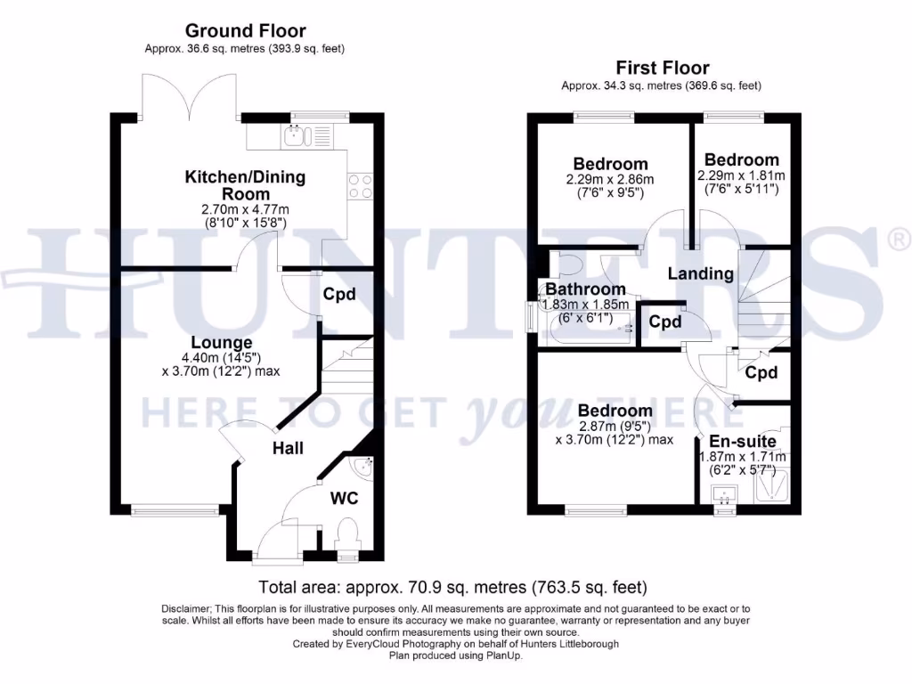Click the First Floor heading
point(662,68)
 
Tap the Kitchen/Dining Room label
point(244,185)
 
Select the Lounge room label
point(222,342)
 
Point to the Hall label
point(288,448)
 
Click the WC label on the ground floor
point(345,498)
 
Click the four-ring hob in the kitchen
point(360,186)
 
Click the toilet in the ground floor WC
point(346,536)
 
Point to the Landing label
point(701,273)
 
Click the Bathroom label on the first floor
point(585,289)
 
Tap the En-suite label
point(742,441)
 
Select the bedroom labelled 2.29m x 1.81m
point(742,160)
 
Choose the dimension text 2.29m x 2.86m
point(610,179)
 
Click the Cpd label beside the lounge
point(339,295)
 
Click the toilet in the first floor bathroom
point(566,265)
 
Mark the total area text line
point(452,588)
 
